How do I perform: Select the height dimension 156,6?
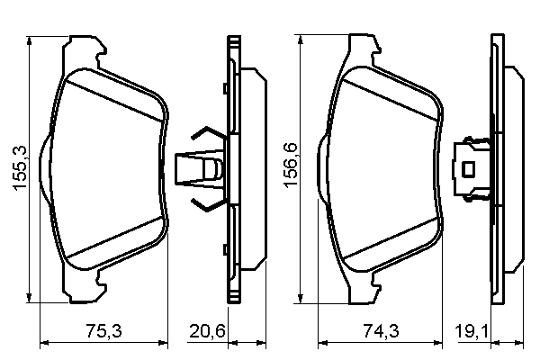[x=291, y=170]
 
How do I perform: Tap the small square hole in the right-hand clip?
[x=468, y=168]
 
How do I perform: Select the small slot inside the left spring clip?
[x=212, y=168]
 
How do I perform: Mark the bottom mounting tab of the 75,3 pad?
[x=87, y=291]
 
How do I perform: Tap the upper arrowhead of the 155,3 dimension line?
[x=32, y=41]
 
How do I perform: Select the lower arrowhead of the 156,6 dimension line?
[x=303, y=299]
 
